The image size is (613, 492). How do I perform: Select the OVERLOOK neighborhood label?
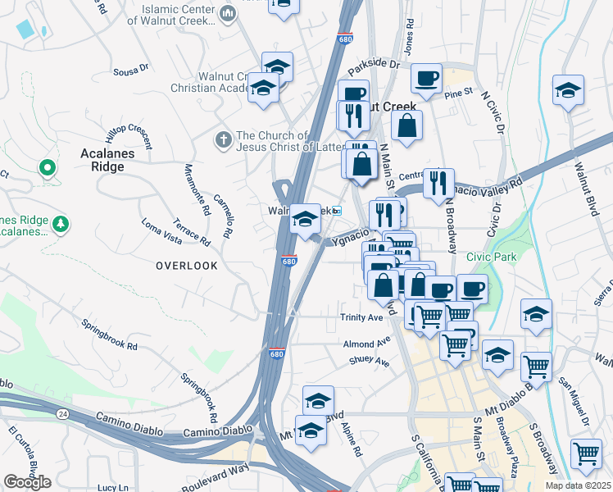tap(187, 266)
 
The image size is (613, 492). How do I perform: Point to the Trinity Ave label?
tap(362, 317)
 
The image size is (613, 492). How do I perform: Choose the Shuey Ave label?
tap(368, 360)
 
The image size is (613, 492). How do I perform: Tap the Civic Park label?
tap(492, 257)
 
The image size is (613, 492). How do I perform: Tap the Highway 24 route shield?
tap(63, 393)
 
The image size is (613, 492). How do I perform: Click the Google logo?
tap(27, 481)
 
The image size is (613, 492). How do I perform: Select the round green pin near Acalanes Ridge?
tap(47, 168)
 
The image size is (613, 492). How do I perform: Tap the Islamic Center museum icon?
tap(228, 12)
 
